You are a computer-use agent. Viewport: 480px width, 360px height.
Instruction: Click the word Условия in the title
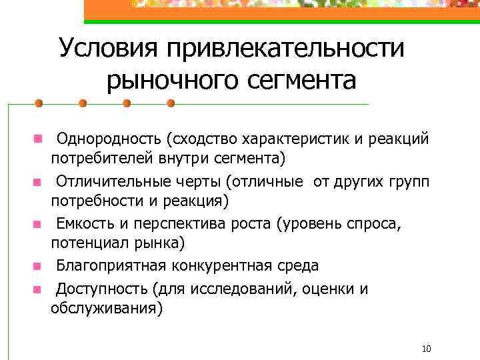[107, 48]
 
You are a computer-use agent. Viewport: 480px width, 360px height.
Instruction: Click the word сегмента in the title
[303, 81]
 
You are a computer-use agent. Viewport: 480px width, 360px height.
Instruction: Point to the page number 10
[427, 349]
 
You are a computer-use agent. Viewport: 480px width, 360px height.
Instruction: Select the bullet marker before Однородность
[39, 139]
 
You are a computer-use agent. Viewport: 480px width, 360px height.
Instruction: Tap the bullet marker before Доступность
[39, 290]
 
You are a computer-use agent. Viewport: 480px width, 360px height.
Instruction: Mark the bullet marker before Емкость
[39, 225]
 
